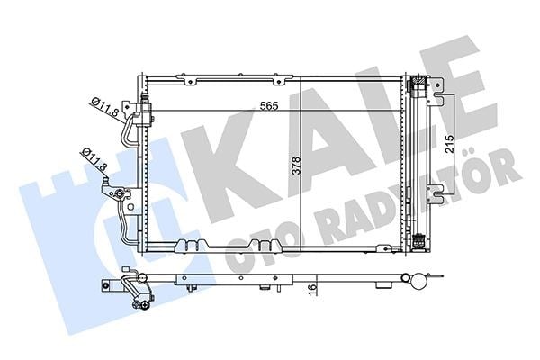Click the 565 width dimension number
(x=268, y=106)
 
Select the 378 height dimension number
(x=296, y=166)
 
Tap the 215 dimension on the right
(x=449, y=144)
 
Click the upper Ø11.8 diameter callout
(x=104, y=107)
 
